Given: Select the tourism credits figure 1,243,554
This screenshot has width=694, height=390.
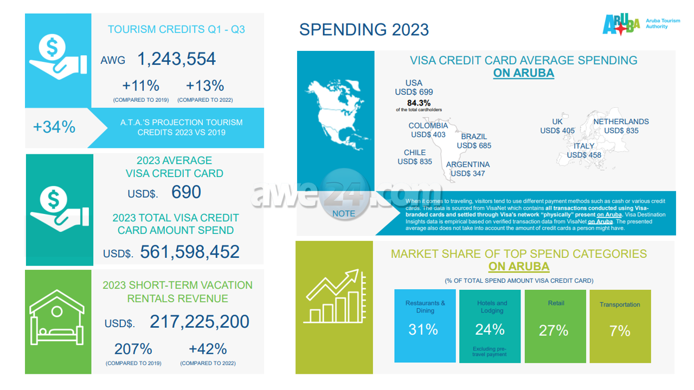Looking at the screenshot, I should [x=176, y=59].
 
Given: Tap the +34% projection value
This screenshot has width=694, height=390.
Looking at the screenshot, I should [x=54, y=127].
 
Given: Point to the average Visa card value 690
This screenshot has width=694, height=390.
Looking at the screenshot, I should [x=186, y=192].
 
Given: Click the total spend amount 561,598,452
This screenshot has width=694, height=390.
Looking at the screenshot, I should [x=190, y=252].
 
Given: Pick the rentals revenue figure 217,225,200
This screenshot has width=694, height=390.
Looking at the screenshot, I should [x=200, y=322].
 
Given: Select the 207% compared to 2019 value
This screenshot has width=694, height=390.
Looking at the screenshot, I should [x=133, y=349].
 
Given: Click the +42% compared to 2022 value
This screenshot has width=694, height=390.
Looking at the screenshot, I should [x=208, y=349].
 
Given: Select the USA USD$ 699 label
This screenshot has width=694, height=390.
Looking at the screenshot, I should [x=414, y=88].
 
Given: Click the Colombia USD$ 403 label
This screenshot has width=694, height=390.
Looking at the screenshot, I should [x=428, y=130].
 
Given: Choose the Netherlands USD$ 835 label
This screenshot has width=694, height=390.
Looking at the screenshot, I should [x=621, y=126].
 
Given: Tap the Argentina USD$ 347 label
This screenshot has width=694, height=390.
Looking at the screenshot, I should [x=467, y=169].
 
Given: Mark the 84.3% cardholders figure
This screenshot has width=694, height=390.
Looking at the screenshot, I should [x=419, y=103].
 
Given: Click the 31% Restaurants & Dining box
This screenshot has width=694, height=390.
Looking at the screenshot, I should [x=425, y=326].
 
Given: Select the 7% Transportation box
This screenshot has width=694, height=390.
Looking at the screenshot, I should [x=620, y=326].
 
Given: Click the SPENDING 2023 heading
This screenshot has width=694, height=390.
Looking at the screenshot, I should [x=364, y=29].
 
